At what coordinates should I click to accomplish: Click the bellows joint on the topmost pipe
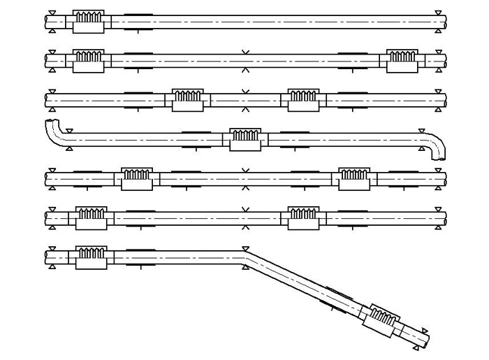tap(88, 21)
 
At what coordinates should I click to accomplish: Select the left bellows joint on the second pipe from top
tap(88, 60)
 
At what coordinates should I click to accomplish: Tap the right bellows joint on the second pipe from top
tap(402, 60)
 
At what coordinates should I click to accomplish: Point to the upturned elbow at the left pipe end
tap(53, 130)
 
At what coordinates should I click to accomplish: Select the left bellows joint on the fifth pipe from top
tap(137, 178)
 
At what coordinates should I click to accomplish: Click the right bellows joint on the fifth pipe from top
tap(354, 178)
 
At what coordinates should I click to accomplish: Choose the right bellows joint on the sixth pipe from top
tap(303, 217)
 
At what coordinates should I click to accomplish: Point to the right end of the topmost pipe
tap(442, 21)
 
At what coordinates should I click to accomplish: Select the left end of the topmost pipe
tap(48, 21)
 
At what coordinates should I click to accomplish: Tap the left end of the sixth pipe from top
tap(48, 217)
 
